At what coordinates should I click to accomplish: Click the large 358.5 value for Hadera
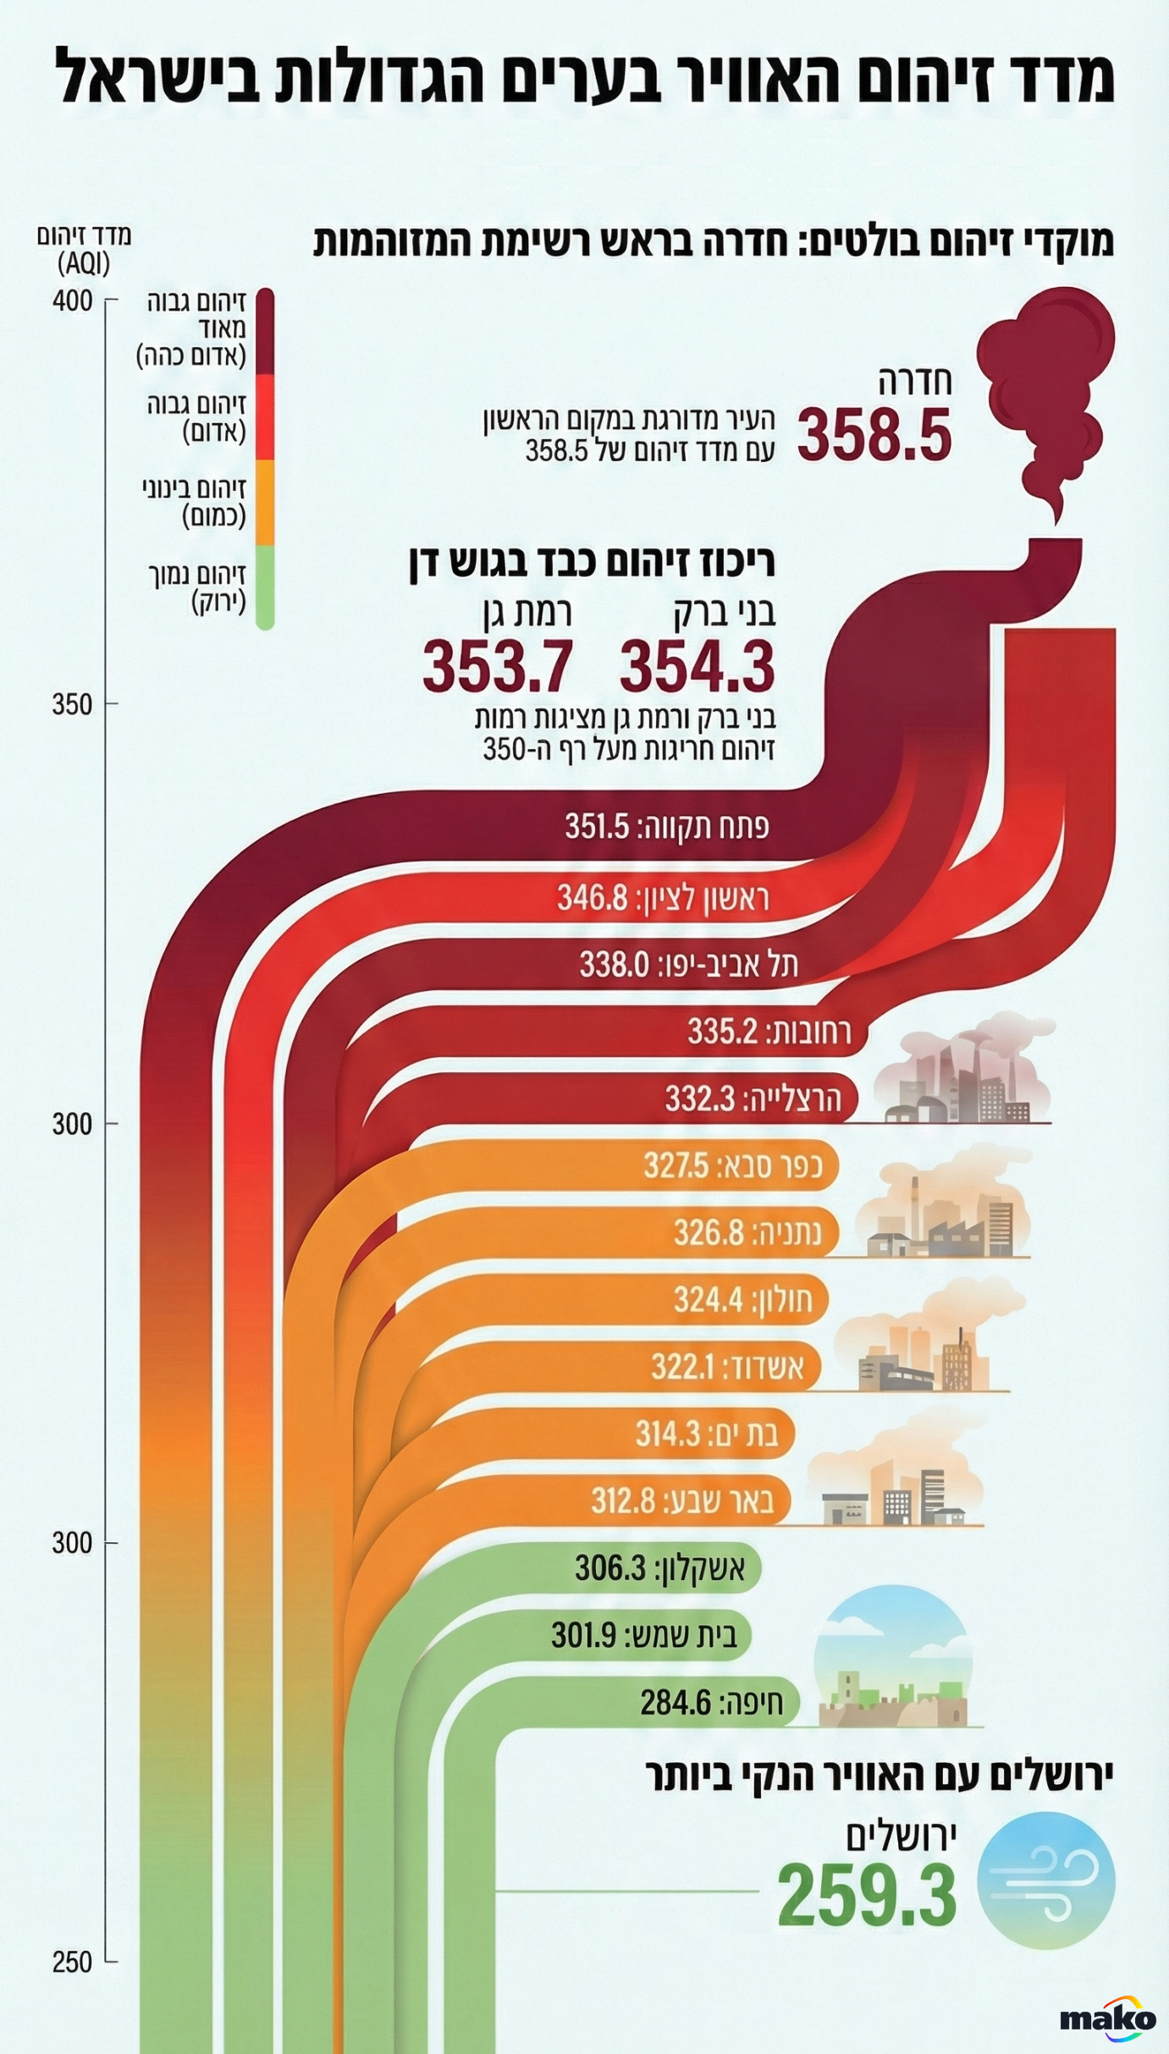click(874, 435)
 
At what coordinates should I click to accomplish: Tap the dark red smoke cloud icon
click(1045, 372)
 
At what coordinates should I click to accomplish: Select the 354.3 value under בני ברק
click(697, 667)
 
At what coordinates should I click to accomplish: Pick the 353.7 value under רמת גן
click(498, 667)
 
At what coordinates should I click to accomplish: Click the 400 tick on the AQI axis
click(74, 300)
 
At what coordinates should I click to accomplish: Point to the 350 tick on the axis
click(74, 704)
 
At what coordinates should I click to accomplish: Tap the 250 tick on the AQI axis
click(74, 1962)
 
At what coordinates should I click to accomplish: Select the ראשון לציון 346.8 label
click(663, 897)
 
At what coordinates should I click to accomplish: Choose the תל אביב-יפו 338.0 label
click(688, 964)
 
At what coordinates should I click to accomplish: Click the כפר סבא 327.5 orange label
click(733, 1165)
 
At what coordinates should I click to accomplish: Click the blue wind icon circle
click(1045, 1881)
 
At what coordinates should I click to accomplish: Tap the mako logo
click(1107, 2019)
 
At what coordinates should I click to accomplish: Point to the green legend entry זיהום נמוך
click(196, 587)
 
